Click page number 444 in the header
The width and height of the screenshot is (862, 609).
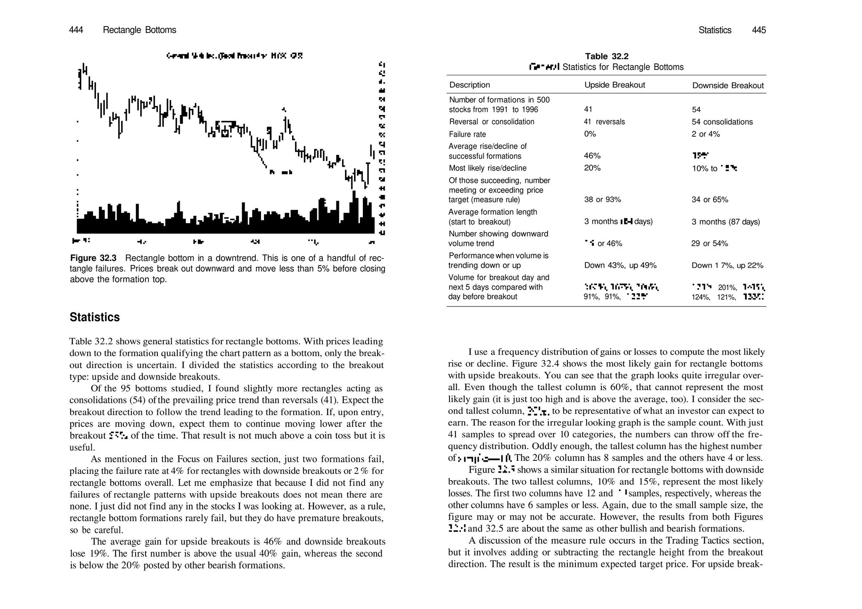click(76, 30)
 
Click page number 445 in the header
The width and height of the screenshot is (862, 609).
click(759, 30)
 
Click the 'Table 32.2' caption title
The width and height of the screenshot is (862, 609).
click(607, 56)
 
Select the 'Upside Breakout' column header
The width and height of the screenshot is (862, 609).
click(615, 85)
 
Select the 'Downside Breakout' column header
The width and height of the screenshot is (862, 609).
click(728, 85)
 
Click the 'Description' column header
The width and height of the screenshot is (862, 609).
click(469, 85)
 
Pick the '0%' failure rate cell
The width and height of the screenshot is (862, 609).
click(590, 134)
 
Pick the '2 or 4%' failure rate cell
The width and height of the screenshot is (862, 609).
click(705, 134)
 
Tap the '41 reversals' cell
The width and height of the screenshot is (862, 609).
click(604, 122)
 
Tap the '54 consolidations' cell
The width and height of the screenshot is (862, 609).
click(722, 122)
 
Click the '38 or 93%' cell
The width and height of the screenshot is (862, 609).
click(602, 199)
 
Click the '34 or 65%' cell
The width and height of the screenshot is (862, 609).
click(710, 199)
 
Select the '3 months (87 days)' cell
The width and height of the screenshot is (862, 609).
click(726, 222)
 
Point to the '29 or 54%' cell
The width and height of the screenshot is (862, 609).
click(709, 244)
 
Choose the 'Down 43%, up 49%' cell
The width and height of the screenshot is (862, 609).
click(620, 266)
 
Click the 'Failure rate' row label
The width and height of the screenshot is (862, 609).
click(467, 134)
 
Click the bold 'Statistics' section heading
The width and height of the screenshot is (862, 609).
click(95, 317)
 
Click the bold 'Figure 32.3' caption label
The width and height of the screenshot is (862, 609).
click(93, 258)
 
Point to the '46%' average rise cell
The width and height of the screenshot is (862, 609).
click(592, 156)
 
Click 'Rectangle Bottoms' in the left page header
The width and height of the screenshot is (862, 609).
click(139, 30)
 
